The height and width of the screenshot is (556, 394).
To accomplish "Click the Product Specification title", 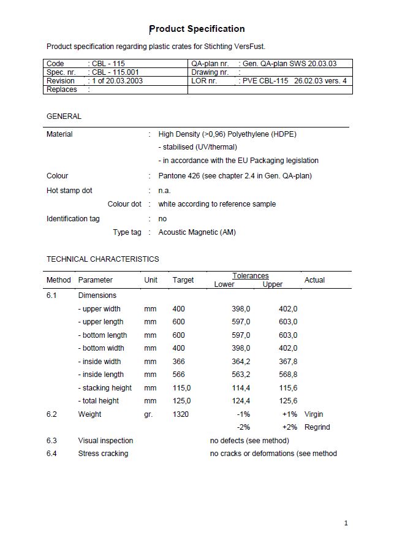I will coord(197,29).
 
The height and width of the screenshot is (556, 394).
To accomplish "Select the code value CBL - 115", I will coord(108,63).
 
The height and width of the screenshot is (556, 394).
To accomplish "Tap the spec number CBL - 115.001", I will coord(116,72).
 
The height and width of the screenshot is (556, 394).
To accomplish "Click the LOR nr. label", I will coord(204,80).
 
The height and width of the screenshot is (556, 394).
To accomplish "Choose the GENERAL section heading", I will coord(64,116).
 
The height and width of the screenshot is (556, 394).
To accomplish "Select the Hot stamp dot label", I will coord(69,191).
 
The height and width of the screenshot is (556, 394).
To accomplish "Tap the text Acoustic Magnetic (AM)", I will coord(197,232).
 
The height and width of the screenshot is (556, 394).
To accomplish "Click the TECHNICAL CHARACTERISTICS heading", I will coord(102,259).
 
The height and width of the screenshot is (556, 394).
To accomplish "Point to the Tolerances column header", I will coord(250,276).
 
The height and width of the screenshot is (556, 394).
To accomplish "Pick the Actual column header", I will coord(314,280).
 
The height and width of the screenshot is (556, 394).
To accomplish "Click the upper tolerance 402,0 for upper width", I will coord(288,309).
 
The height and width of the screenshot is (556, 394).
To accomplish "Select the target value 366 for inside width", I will coord(178,362).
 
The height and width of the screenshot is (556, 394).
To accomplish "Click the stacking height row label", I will coord(105,388).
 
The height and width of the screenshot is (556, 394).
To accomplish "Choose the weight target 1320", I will coord(181,414).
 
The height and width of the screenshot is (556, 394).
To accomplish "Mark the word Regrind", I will coord(317,427).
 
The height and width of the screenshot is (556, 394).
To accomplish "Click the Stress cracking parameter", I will coord(103,454).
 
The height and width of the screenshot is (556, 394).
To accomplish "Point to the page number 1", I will coord(346,523).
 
